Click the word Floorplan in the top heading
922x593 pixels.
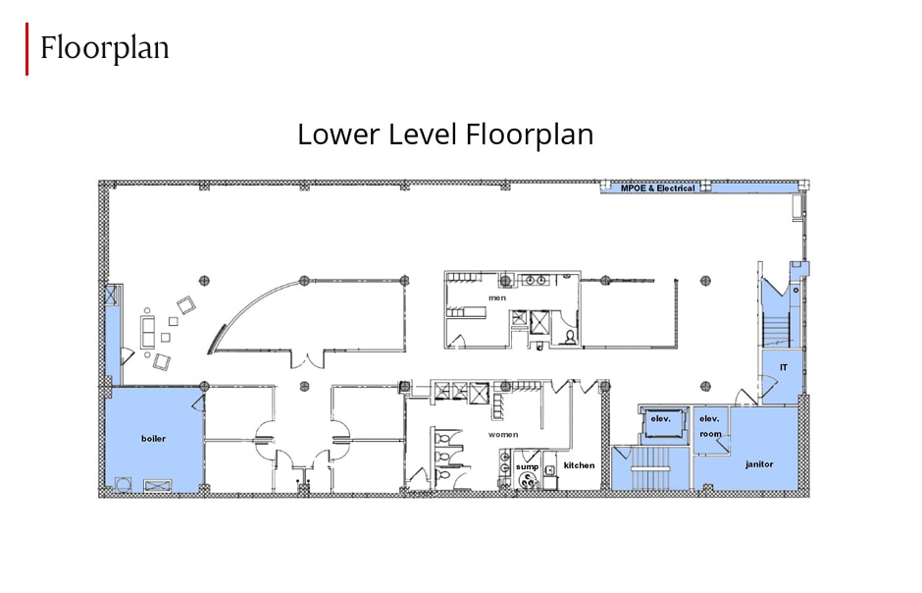[104, 47]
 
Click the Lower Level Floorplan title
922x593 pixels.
[445, 134]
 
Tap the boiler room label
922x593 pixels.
[153, 439]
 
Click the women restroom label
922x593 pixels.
[503, 434]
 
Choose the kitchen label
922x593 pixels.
[579, 464]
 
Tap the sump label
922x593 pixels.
[528, 466]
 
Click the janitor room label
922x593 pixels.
[759, 463]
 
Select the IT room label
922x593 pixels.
[784, 367]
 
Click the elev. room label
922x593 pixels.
[710, 425]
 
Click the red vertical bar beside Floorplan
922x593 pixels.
[26, 49]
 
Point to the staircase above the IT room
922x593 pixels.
[776, 325]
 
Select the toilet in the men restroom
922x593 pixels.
[570, 337]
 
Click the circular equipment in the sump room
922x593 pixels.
[529, 481]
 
